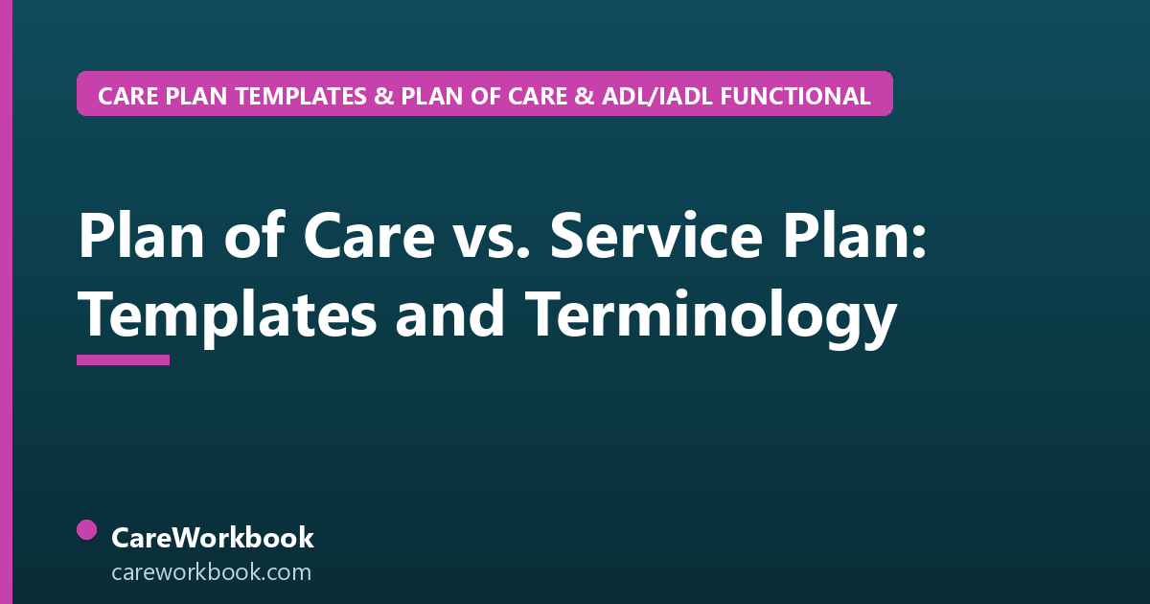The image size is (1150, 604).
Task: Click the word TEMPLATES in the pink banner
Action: coord(301,96)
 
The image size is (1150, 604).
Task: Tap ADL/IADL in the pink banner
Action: coord(656,96)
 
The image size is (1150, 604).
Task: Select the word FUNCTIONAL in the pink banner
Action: coord(795,96)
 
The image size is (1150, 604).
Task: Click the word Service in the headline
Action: coord(655,236)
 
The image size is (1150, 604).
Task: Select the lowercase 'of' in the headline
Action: coord(254,234)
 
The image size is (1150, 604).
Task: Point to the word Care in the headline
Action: coord(369,236)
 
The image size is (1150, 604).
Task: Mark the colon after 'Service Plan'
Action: coord(919,241)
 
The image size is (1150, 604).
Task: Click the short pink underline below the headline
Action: coord(124,360)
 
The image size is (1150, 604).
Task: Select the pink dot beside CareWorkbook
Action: coord(87,530)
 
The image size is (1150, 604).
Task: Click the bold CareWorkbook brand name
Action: coord(213,538)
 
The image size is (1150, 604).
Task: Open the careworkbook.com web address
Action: coord(211,572)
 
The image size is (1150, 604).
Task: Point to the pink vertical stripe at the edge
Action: coord(6,302)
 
